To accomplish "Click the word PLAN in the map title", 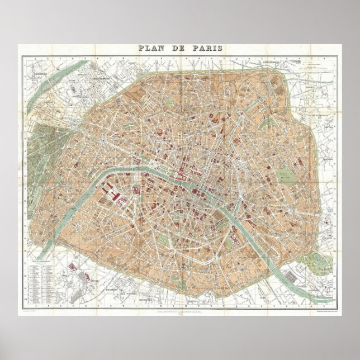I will coord(153,48).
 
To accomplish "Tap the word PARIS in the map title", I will coord(207,48).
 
